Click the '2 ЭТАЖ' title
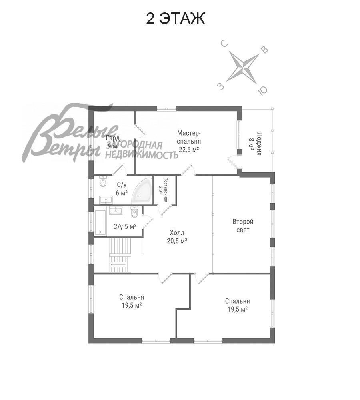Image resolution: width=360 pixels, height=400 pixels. coord(175,19)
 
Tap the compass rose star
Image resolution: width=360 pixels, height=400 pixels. coord(243,68)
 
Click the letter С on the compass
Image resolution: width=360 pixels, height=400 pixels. coord(224,44)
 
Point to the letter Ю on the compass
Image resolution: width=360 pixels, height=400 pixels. coord(262,90)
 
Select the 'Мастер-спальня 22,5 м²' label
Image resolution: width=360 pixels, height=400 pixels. coord(189,141)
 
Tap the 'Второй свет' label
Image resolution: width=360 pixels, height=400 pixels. coord(243,226)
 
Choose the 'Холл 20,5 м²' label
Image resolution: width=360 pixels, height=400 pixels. coord(177,236)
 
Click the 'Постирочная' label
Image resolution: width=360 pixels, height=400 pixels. coord(166,190)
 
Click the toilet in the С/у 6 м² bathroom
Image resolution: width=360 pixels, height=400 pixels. coord(103,181)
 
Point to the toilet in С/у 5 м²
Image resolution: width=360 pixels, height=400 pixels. coord(134,211)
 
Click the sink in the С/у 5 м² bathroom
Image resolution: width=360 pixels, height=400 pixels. coord(116,210)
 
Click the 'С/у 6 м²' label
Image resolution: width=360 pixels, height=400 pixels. coord(122,189)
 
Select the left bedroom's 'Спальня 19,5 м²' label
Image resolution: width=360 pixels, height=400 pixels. coord(132,301)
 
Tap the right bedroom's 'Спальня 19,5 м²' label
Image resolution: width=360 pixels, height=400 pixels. coord(237,305)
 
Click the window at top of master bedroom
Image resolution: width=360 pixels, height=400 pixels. coord(167,108)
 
